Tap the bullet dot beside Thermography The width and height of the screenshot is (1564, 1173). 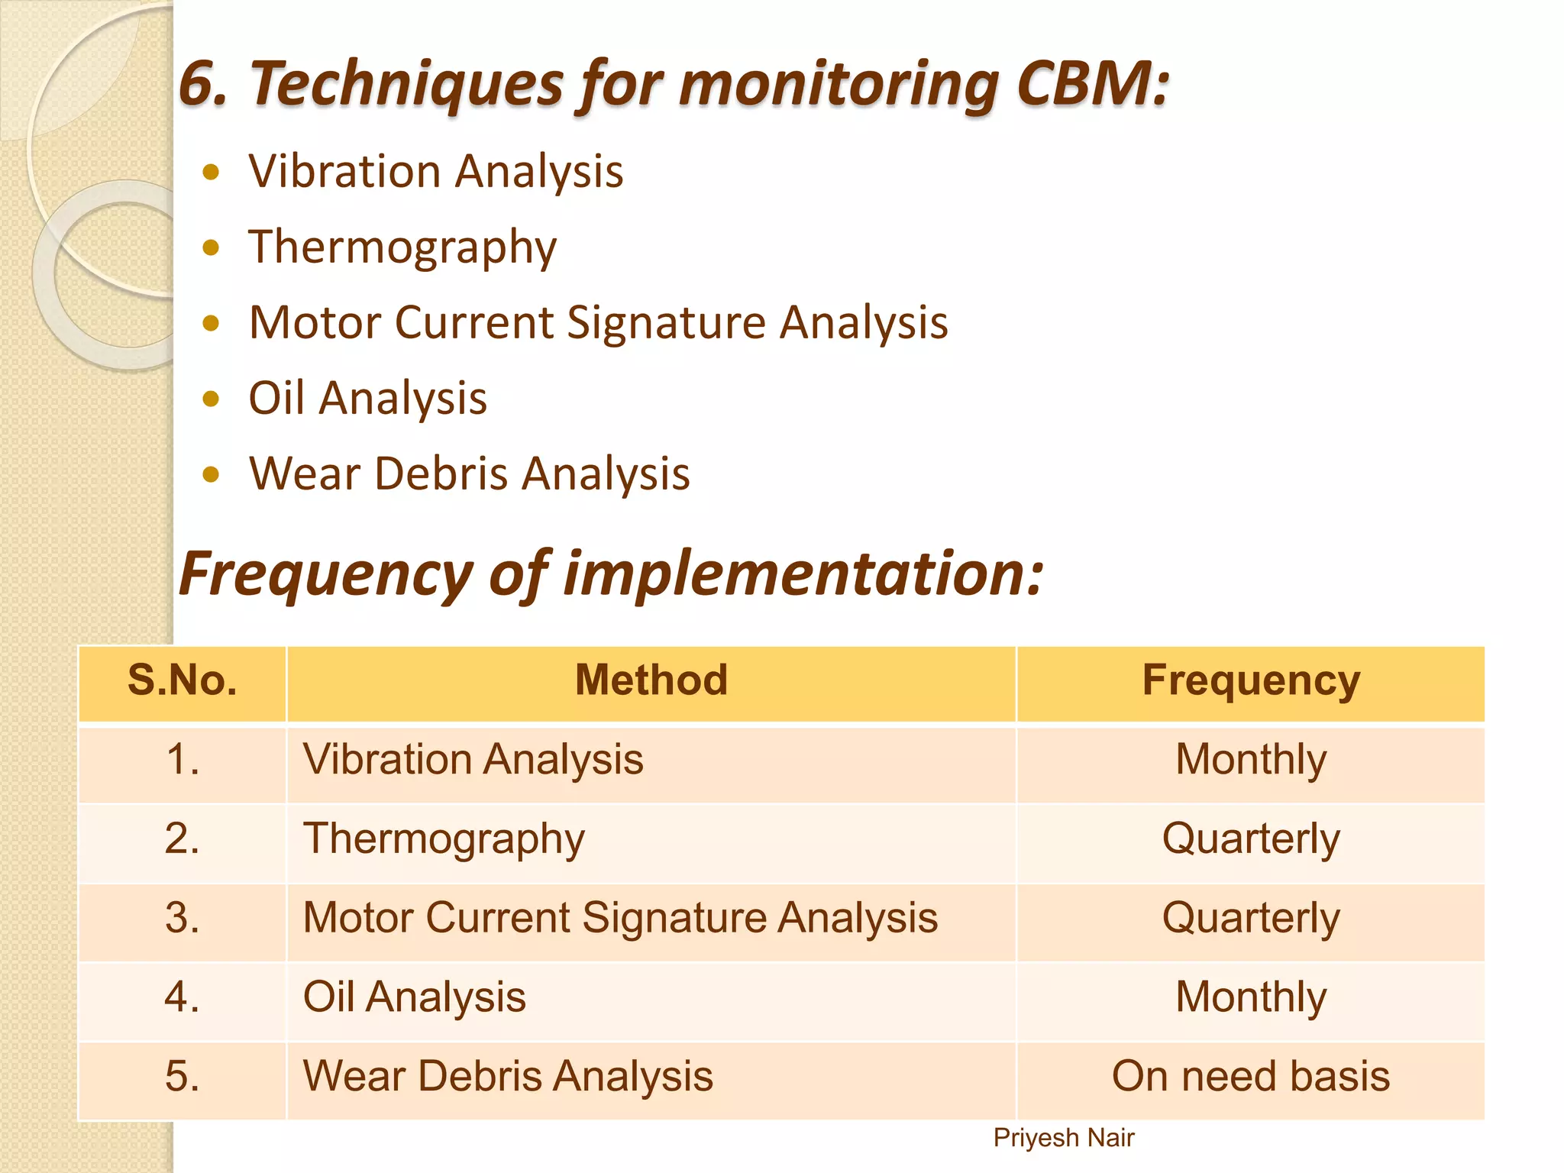point(212,247)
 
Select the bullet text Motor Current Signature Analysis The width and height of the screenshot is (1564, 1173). point(598,322)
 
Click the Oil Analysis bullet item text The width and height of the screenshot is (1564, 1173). point(367,399)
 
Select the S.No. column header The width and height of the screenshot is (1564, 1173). point(183,680)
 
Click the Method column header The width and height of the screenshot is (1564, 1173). point(651,680)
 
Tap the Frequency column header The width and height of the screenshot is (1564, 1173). point(1250,680)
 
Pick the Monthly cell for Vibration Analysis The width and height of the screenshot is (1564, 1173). point(1250,761)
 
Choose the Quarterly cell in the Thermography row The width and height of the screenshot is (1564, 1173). point(1250,840)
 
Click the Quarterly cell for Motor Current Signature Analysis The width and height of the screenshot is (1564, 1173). point(1250,919)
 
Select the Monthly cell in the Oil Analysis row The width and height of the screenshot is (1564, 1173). point(1250,998)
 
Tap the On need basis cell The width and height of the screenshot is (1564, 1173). point(1250,1078)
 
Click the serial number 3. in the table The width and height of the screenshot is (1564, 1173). point(183,919)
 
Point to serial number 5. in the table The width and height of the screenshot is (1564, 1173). point(183,1078)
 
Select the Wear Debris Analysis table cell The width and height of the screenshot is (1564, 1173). point(508,1078)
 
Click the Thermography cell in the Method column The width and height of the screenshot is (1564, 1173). point(444,840)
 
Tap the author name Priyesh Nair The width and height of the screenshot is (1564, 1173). point(1063,1138)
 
